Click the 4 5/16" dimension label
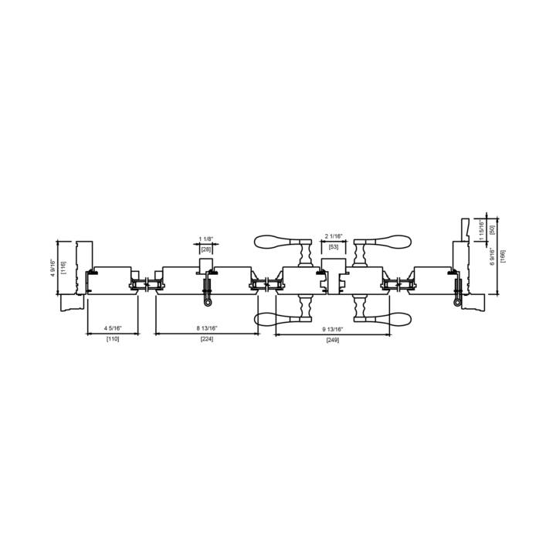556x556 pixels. [113, 328]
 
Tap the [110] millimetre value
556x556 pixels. [113, 339]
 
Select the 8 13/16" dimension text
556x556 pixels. [207, 328]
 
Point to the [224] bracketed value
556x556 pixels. [207, 339]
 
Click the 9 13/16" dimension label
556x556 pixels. [333, 330]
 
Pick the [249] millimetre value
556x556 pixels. [333, 341]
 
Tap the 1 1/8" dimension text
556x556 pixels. [205, 239]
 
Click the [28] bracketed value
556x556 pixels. [206, 249]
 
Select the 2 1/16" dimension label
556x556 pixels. [334, 236]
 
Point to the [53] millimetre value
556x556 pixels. [334, 247]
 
